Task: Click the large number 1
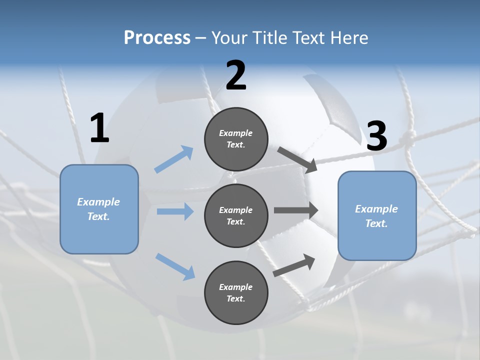click(99, 128)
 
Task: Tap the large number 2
click(236, 75)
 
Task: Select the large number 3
click(376, 136)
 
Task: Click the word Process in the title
click(157, 37)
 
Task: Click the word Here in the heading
click(349, 37)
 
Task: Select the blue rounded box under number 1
click(99, 209)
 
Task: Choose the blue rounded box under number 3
click(377, 216)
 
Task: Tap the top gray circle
click(236, 139)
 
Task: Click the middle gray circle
click(236, 216)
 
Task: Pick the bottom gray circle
click(236, 293)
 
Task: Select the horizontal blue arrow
click(175, 211)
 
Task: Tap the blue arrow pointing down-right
click(175, 266)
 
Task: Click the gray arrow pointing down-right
click(297, 159)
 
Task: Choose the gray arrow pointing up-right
click(294, 265)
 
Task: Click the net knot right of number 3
click(409, 135)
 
